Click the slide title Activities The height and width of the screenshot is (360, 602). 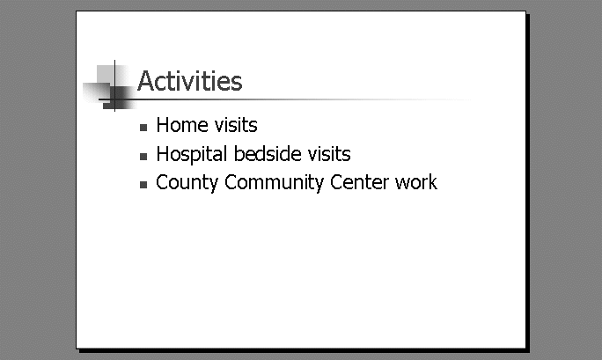click(189, 81)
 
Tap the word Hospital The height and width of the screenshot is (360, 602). click(192, 155)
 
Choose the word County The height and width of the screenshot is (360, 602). click(187, 183)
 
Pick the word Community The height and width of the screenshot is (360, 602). click(274, 183)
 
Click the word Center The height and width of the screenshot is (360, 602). click(360, 182)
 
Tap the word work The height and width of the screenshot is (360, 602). click(416, 182)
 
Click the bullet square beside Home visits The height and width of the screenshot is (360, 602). click(143, 128)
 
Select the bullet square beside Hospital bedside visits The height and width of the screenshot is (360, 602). click(143, 157)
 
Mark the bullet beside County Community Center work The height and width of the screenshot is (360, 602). click(143, 185)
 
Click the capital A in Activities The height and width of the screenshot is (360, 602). click(146, 81)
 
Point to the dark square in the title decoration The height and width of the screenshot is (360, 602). click(118, 98)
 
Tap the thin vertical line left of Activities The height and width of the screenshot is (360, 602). click(114, 85)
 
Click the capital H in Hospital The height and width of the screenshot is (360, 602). click(163, 154)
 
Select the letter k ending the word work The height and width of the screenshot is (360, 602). click(433, 182)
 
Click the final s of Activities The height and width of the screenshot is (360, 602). click(237, 84)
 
